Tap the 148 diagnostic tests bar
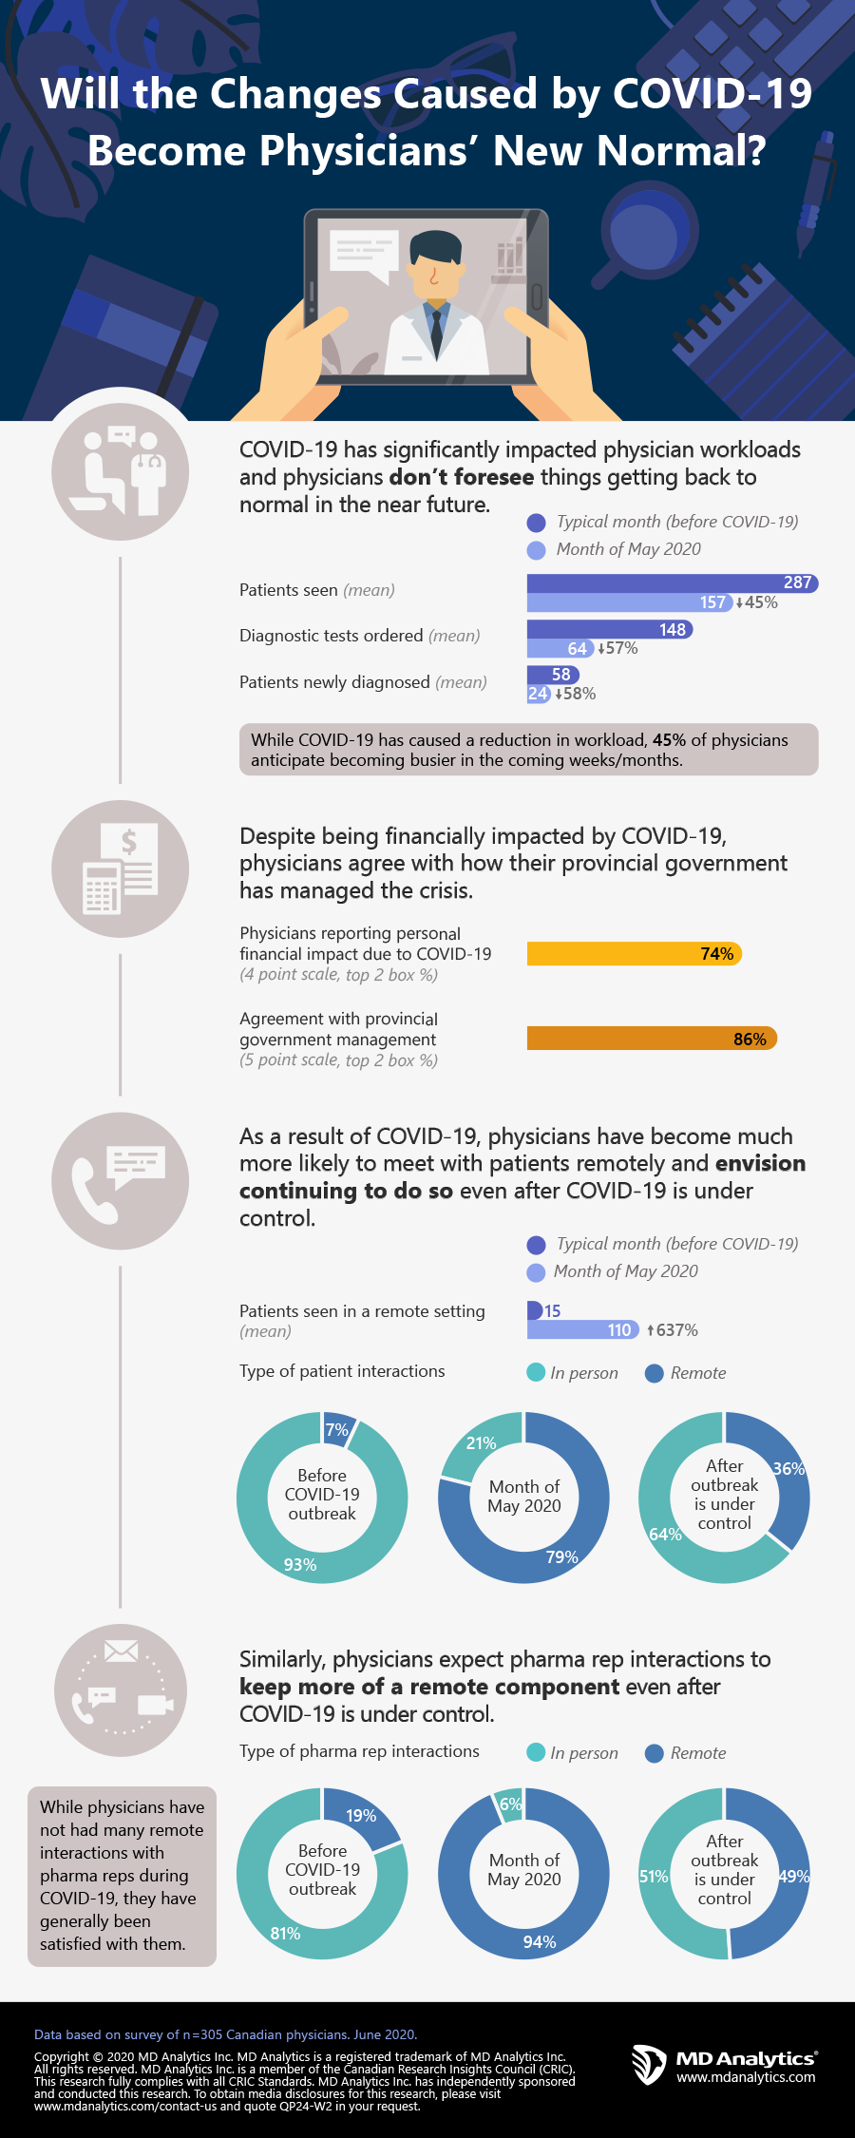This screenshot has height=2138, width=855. [609, 629]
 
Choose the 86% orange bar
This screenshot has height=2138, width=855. [652, 1039]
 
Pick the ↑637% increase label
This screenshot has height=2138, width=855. [673, 1330]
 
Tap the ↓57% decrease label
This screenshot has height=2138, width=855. [617, 648]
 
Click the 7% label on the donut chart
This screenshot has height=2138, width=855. [337, 1430]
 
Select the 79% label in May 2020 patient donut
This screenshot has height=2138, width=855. [562, 1556]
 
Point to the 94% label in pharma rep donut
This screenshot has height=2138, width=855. [540, 1942]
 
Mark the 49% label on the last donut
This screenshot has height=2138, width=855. [793, 1877]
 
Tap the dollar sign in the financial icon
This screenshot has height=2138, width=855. [129, 842]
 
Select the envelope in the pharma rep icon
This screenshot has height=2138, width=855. [121, 1652]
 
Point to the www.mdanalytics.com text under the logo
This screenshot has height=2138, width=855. [746, 2077]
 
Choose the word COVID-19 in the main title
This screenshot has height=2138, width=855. [712, 94]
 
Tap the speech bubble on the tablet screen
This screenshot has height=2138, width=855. [362, 255]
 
